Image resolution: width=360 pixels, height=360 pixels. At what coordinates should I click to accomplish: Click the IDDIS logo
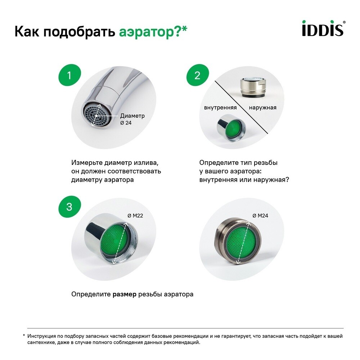click(323, 29)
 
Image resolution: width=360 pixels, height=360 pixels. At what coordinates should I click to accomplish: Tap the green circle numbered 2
click(197, 75)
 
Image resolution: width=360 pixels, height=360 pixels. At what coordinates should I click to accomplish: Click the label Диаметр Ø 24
click(132, 119)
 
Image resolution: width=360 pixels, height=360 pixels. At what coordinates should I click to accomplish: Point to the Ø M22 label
click(135, 216)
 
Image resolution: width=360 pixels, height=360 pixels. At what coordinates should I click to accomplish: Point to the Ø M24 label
click(260, 216)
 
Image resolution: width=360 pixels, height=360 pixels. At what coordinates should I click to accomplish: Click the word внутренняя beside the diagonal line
click(220, 108)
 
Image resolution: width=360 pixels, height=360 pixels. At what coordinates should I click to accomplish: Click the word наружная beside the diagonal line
click(263, 108)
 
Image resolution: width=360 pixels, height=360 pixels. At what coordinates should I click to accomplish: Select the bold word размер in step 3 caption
click(125, 294)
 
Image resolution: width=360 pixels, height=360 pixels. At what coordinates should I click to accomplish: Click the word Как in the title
click(27, 32)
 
